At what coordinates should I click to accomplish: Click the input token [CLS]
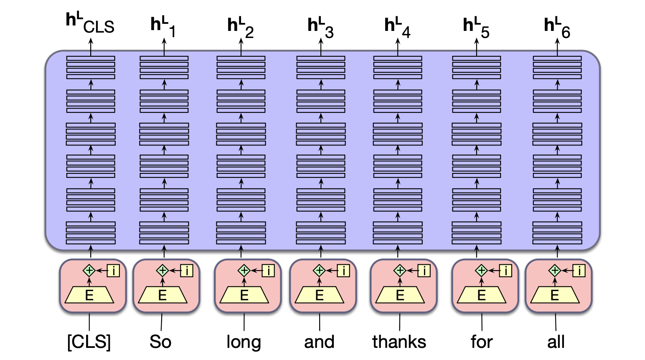(89, 342)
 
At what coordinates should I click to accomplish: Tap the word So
(160, 342)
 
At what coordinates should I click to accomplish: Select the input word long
(244, 342)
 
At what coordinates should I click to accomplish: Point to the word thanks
(399, 342)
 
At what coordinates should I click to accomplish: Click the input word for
(481, 342)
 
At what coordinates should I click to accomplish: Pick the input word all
(556, 342)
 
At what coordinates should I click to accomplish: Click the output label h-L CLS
(90, 24)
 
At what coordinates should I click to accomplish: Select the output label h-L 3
(320, 27)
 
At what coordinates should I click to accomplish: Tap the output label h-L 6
(557, 27)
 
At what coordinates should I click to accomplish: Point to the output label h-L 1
(163, 27)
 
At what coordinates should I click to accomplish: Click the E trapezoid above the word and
(320, 295)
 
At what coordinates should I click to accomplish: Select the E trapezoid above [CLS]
(89, 295)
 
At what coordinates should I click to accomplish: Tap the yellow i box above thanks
(424, 271)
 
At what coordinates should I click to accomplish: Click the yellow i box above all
(579, 271)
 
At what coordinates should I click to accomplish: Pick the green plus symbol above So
(162, 271)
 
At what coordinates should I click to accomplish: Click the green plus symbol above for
(481, 271)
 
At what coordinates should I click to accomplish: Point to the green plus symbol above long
(244, 271)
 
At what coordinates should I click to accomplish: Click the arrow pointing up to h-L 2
(241, 46)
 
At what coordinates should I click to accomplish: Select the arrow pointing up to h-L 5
(477, 46)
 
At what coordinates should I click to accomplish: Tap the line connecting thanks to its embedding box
(399, 322)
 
